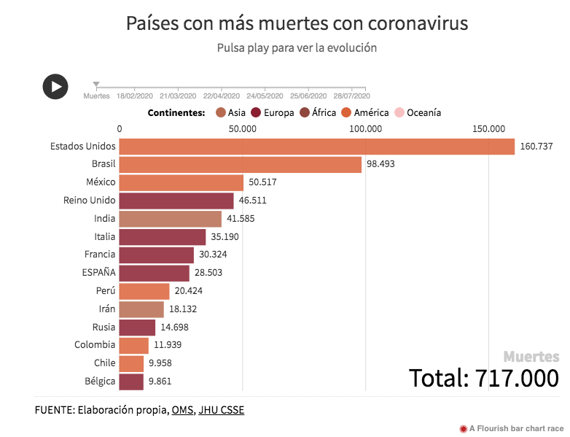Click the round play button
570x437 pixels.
pyautogui.click(x=55, y=86)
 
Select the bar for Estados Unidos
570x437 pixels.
pyautogui.click(x=316, y=147)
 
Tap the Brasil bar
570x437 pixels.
pyautogui.click(x=240, y=165)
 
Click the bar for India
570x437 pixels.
pyautogui.click(x=170, y=219)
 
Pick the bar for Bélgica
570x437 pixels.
pyautogui.click(x=131, y=381)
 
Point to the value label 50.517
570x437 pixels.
pyautogui.click(x=262, y=182)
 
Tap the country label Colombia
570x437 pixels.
pyautogui.click(x=95, y=344)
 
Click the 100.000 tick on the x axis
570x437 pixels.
pyautogui.click(x=365, y=129)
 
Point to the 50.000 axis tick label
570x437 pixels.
pyautogui.click(x=242, y=129)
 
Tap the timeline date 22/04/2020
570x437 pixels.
pyautogui.click(x=222, y=96)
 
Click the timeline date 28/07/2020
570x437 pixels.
pyautogui.click(x=352, y=96)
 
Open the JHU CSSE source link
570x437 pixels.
pyautogui.click(x=222, y=410)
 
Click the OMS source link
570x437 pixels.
pyautogui.click(x=182, y=410)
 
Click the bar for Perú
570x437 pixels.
pyautogui.click(x=144, y=291)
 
